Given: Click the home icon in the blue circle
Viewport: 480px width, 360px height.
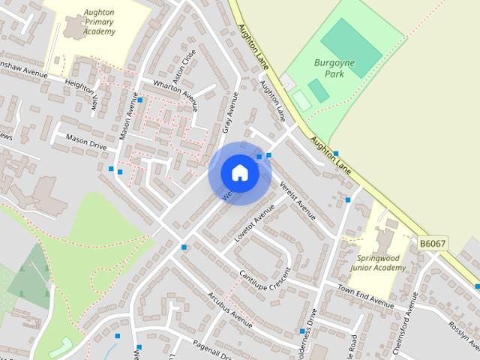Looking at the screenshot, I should [239, 172].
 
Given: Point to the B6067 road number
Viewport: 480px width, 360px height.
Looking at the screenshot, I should [433, 244].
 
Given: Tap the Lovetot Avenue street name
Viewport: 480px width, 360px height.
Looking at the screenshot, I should [250, 228].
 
